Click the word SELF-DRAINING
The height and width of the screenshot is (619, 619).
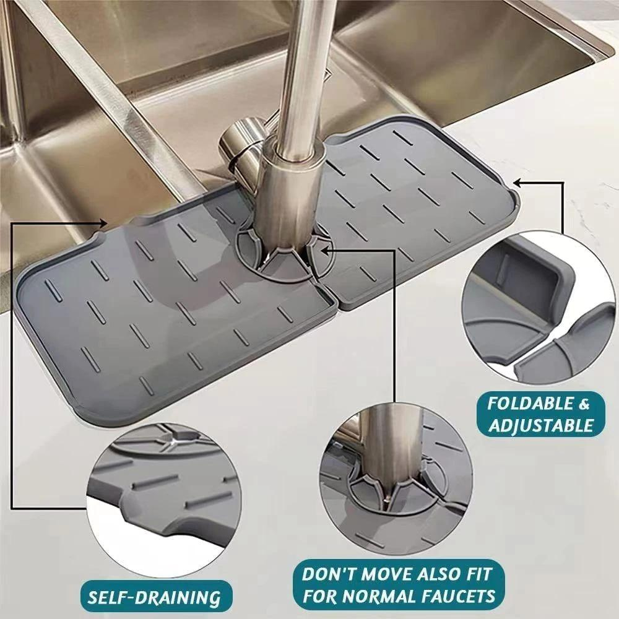click(x=153, y=598)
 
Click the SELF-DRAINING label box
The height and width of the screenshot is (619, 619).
click(x=153, y=597)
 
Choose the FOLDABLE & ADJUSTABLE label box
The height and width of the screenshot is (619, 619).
click(x=538, y=415)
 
